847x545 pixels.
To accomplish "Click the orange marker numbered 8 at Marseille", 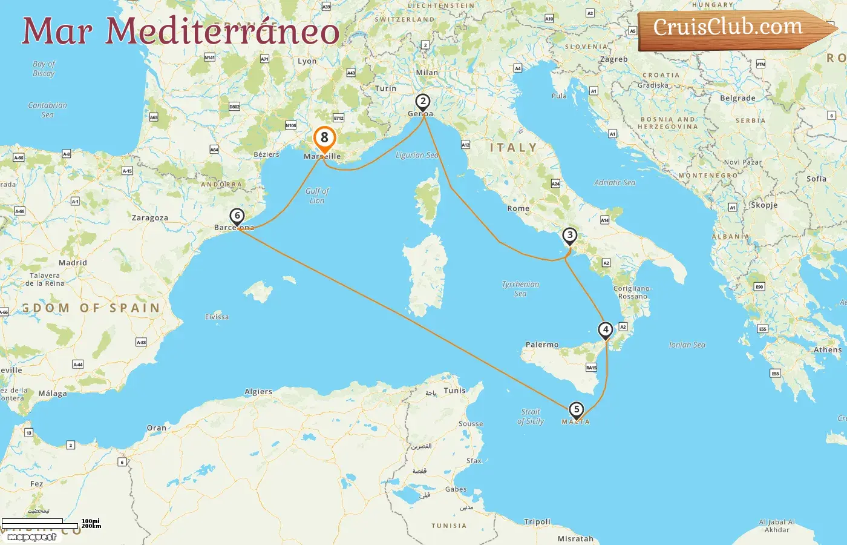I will (x=324, y=139).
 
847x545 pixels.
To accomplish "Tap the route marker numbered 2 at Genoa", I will (x=423, y=102).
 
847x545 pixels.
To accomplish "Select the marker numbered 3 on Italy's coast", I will (x=569, y=236).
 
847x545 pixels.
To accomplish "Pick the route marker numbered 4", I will (x=605, y=330).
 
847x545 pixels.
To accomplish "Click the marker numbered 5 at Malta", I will (x=577, y=410).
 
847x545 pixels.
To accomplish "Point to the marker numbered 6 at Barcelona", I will (x=237, y=216).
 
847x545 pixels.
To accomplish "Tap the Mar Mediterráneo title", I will (x=180, y=31).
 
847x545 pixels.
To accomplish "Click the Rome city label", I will (x=518, y=208).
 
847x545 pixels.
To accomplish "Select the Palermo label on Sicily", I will (x=542, y=345).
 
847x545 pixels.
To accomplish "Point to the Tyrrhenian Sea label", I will (x=520, y=289).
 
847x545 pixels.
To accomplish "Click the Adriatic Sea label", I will (x=615, y=182).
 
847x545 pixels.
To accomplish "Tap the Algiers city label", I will (x=258, y=392).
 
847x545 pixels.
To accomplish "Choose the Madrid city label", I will (x=73, y=263).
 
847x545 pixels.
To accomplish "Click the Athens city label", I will (x=827, y=350).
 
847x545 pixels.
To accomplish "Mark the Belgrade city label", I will (x=737, y=98).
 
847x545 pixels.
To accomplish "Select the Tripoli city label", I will (x=537, y=521).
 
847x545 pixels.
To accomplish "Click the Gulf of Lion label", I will (x=317, y=196).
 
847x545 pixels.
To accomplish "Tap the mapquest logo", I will (x=32, y=537).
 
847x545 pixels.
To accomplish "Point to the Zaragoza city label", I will (x=150, y=218).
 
